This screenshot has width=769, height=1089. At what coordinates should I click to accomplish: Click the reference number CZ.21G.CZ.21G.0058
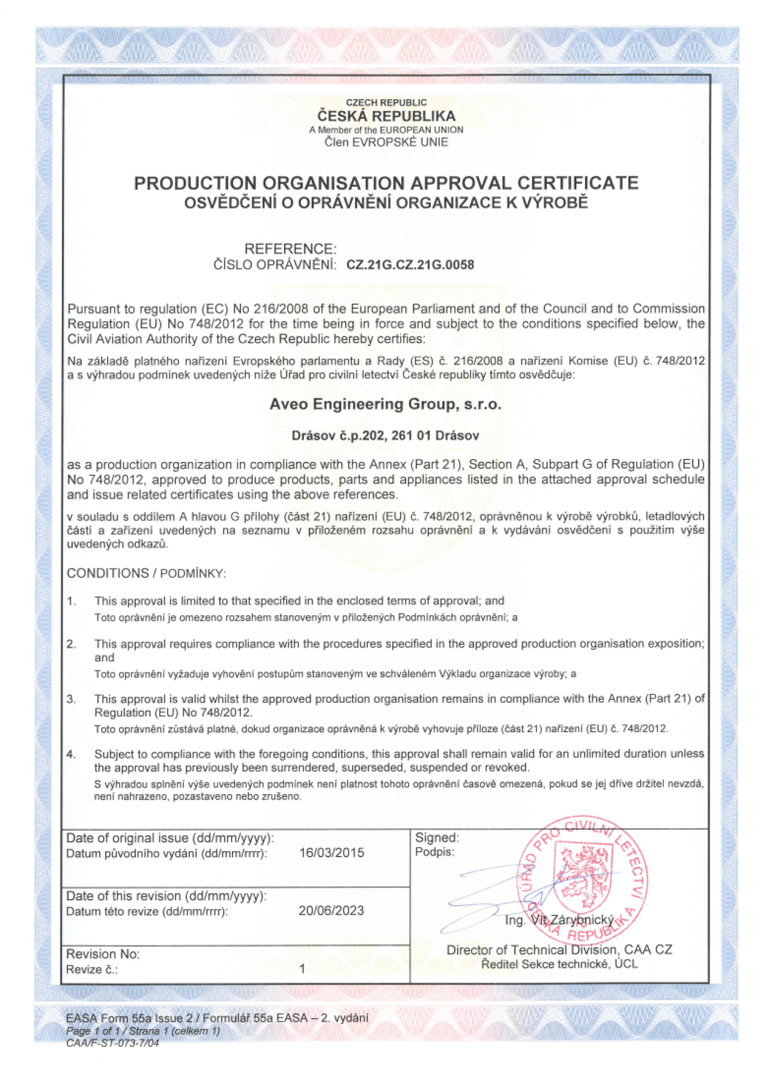point(410,265)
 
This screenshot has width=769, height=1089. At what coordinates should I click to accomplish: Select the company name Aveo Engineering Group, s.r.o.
point(385,404)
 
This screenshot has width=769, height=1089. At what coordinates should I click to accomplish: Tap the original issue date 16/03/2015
point(332,853)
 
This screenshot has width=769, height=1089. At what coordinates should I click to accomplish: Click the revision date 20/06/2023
point(331,911)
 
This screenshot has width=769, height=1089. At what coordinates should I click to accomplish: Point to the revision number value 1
point(302,969)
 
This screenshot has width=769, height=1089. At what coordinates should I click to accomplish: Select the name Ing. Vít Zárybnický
point(559,920)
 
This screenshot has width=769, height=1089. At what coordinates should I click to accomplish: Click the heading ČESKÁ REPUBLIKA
point(386,116)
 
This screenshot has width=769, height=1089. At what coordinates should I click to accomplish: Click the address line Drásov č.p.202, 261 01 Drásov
point(385,436)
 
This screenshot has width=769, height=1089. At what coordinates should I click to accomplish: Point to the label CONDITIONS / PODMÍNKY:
point(146,574)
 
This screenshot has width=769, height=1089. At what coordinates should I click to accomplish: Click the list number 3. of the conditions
point(71,699)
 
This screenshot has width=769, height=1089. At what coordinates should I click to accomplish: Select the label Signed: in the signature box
point(437,837)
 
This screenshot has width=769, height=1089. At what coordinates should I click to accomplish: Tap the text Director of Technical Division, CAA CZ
point(559,950)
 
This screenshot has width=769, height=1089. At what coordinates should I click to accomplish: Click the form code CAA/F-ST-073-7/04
point(112,1043)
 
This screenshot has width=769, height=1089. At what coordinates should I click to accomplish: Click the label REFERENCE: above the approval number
point(290,249)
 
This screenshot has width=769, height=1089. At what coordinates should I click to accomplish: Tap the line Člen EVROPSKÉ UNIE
point(386,142)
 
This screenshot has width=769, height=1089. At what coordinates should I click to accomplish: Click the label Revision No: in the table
point(103,954)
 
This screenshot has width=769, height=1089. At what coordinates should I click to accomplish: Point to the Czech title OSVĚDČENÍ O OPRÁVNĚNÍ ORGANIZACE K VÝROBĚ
point(386,203)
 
